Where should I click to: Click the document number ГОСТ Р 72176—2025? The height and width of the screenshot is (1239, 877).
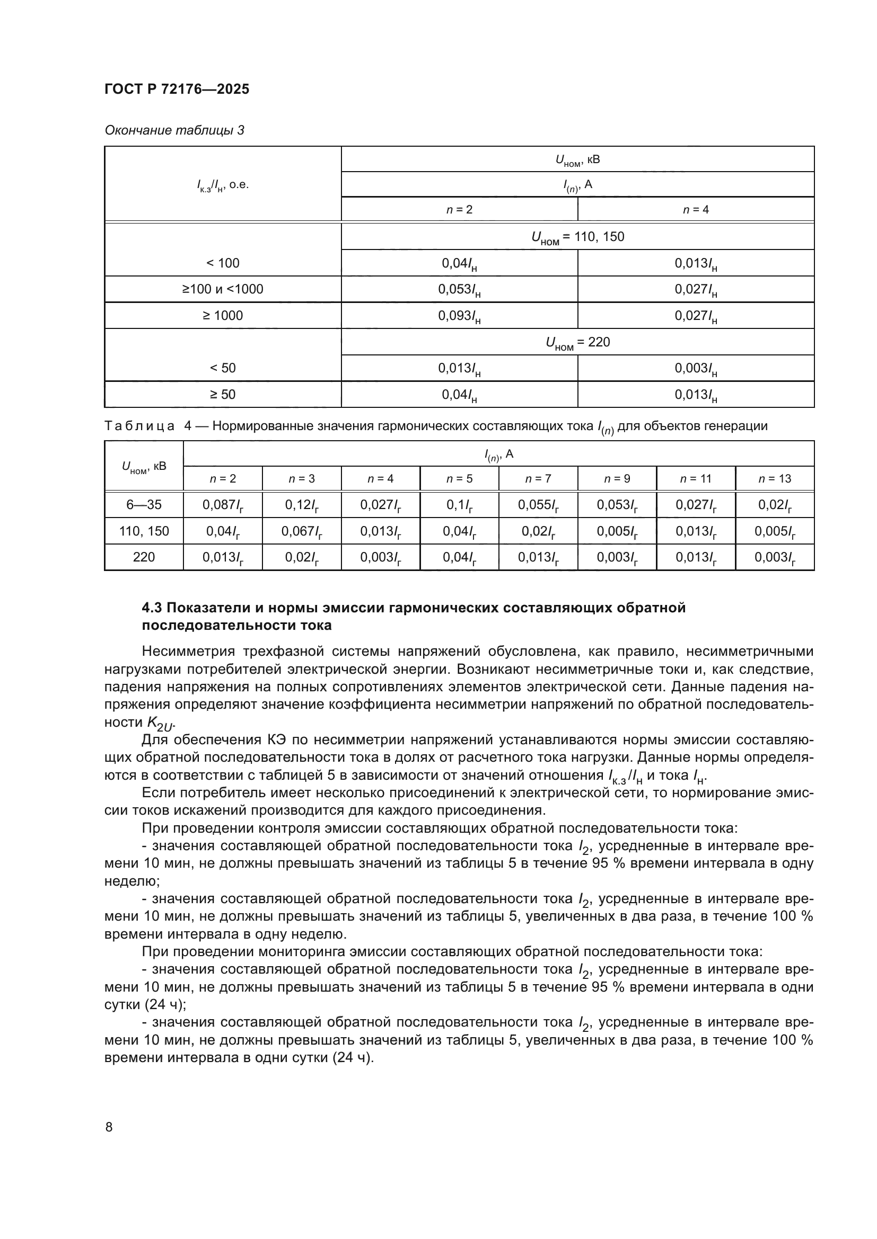(x=177, y=89)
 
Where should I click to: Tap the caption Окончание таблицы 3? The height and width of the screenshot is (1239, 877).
(x=174, y=130)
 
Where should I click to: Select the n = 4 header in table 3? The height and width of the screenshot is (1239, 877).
(x=696, y=209)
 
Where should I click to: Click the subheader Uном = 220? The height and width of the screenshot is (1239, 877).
(x=577, y=342)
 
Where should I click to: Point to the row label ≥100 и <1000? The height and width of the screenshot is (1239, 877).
(x=223, y=289)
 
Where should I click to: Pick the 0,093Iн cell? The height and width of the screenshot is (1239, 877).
(x=459, y=316)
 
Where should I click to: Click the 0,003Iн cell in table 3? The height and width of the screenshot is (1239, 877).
(x=696, y=369)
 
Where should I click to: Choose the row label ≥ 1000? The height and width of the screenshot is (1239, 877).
(x=223, y=316)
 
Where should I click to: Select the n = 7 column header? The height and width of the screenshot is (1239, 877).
(x=538, y=479)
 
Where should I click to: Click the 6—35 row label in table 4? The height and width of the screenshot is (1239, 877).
(x=144, y=505)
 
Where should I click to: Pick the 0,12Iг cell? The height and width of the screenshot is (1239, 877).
(x=301, y=505)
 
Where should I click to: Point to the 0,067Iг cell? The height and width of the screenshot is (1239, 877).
(x=301, y=531)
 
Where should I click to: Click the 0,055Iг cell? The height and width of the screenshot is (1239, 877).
(x=538, y=505)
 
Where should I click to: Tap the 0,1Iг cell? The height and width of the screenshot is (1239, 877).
(x=459, y=505)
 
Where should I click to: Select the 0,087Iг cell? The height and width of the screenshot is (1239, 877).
(x=223, y=505)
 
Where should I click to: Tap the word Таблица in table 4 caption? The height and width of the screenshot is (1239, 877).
(x=139, y=426)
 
